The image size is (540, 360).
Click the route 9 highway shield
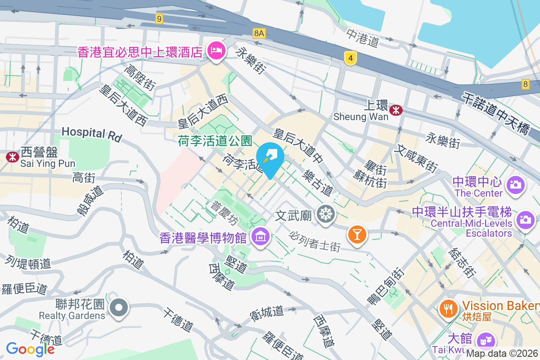click(x=158, y=18)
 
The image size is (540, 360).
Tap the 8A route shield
click(x=259, y=33)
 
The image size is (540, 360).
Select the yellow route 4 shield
click(x=351, y=57)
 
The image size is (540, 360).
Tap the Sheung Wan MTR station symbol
click(x=396, y=110)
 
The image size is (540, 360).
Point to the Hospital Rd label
click(x=92, y=134)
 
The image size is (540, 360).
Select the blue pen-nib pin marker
click(x=270, y=158)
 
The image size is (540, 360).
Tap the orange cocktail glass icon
click(x=357, y=234)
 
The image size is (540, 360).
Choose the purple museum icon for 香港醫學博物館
click(x=260, y=237)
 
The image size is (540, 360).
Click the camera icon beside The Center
click(x=515, y=184)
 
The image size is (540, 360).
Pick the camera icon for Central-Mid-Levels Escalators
click(x=525, y=220)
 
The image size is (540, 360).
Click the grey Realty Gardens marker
click(x=119, y=308)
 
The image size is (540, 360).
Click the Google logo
click(x=30, y=349)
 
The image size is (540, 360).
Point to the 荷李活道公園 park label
click(x=215, y=141)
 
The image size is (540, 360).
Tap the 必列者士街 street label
click(x=315, y=242)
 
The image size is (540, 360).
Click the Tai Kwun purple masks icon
click(x=485, y=340)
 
